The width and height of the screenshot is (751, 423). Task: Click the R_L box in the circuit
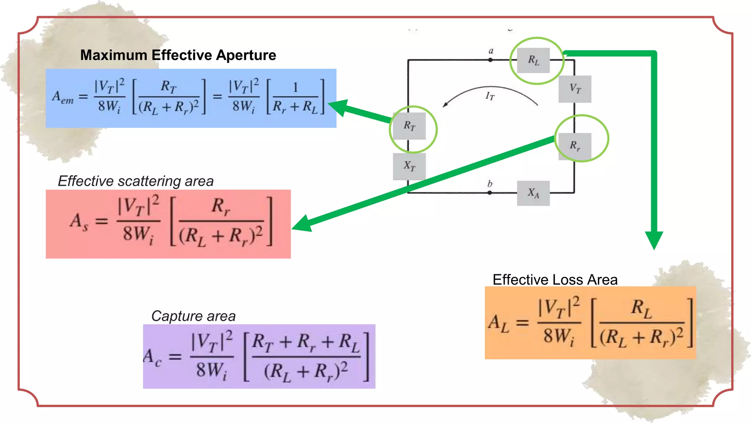pyautogui.click(x=533, y=60)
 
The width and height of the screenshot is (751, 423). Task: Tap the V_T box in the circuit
pyautogui.click(x=575, y=89)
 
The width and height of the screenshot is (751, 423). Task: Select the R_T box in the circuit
pyautogui.click(x=409, y=126)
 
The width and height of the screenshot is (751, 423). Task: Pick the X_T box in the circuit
pyautogui.click(x=409, y=166)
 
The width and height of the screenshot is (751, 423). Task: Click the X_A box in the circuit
pyautogui.click(x=533, y=193)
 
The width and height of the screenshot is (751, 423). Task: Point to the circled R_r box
pyautogui.click(x=575, y=146)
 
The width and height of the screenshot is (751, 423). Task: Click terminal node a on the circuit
pyautogui.click(x=490, y=60)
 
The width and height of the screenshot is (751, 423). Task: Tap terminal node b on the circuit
pyautogui.click(x=490, y=192)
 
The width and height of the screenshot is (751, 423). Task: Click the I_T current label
pyautogui.click(x=490, y=97)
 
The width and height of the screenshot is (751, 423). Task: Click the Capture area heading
pyautogui.click(x=193, y=316)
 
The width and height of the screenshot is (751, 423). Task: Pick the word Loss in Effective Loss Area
pyautogui.click(x=567, y=280)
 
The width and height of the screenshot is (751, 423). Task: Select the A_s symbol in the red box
pyautogui.click(x=79, y=222)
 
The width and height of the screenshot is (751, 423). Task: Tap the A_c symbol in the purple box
pyautogui.click(x=152, y=357)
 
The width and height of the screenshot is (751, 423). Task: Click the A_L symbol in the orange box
pyautogui.click(x=499, y=323)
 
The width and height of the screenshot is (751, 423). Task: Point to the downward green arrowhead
pyautogui.click(x=654, y=240)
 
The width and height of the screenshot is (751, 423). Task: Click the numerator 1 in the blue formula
pyautogui.click(x=296, y=88)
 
